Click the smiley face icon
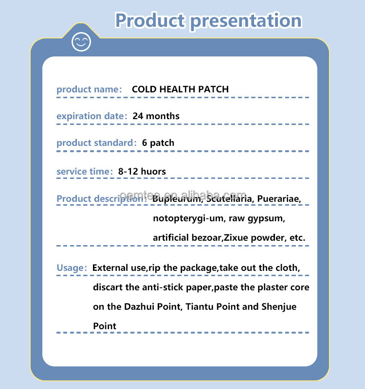point(81,41)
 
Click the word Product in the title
point(149,20)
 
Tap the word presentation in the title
point(245,20)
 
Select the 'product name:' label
point(89,89)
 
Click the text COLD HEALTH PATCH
point(180,89)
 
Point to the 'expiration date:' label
point(91,116)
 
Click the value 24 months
point(156,116)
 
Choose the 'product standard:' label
point(96,143)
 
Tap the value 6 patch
point(158,143)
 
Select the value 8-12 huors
point(142,172)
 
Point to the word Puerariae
point(279,199)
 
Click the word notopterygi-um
point(187,218)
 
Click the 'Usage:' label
point(72,268)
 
